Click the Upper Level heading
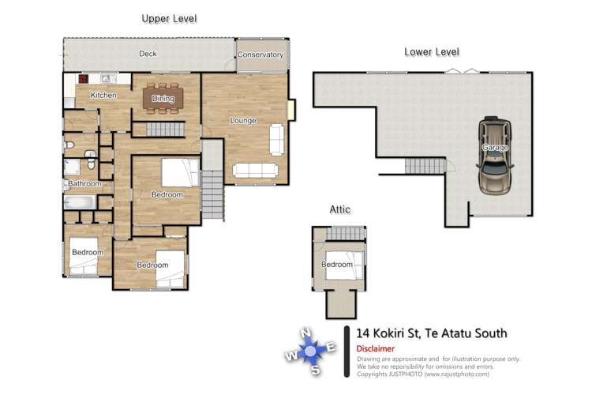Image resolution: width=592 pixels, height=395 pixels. point(169,18)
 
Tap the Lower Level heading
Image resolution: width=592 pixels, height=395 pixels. point(432,52)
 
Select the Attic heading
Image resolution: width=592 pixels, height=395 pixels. point(339,209)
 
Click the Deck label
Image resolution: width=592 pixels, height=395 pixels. point(148,54)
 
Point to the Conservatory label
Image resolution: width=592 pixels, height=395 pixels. point(260,55)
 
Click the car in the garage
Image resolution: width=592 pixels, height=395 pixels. point(495,155)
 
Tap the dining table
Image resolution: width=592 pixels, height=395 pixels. point(163,98)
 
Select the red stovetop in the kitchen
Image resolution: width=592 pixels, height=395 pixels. point(84,79)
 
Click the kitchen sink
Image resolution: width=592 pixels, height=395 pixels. point(106,79)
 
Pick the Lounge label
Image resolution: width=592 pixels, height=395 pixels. point(244,121)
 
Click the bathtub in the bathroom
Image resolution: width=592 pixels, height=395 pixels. point(79,202)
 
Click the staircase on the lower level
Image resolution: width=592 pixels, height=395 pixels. point(425,166)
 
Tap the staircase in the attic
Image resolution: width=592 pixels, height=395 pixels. point(346,233)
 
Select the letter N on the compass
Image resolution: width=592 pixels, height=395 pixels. point(305,333)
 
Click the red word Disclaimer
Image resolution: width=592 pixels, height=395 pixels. point(375,348)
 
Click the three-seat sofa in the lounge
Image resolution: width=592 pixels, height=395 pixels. point(255,170)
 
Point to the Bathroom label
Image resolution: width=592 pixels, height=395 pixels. point(84,183)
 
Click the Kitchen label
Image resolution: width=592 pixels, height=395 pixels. point(103,96)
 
